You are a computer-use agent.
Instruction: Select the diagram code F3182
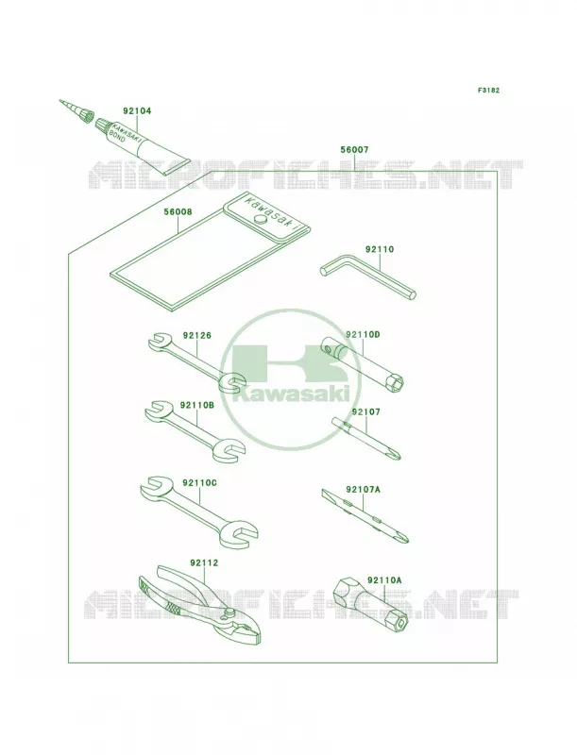pos(488,90)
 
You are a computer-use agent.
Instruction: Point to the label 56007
pos(354,150)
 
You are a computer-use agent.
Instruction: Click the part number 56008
pos(178,211)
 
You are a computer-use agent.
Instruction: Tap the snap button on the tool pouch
pos(261,220)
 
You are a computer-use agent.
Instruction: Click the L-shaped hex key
pos(367,278)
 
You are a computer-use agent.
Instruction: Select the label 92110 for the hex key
pos(380,249)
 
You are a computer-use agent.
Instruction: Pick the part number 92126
pos(196,335)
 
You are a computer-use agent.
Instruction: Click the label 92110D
pos(363,334)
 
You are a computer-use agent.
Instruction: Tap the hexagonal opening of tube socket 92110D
pos(398,383)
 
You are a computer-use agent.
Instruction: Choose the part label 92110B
pos(197,405)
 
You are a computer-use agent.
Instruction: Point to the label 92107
pos(365,412)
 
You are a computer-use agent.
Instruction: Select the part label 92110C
pos(199,482)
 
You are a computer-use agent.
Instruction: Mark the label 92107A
pos(363,490)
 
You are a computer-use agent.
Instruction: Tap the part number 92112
pos(204,562)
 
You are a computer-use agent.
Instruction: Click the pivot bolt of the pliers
pos(229,613)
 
